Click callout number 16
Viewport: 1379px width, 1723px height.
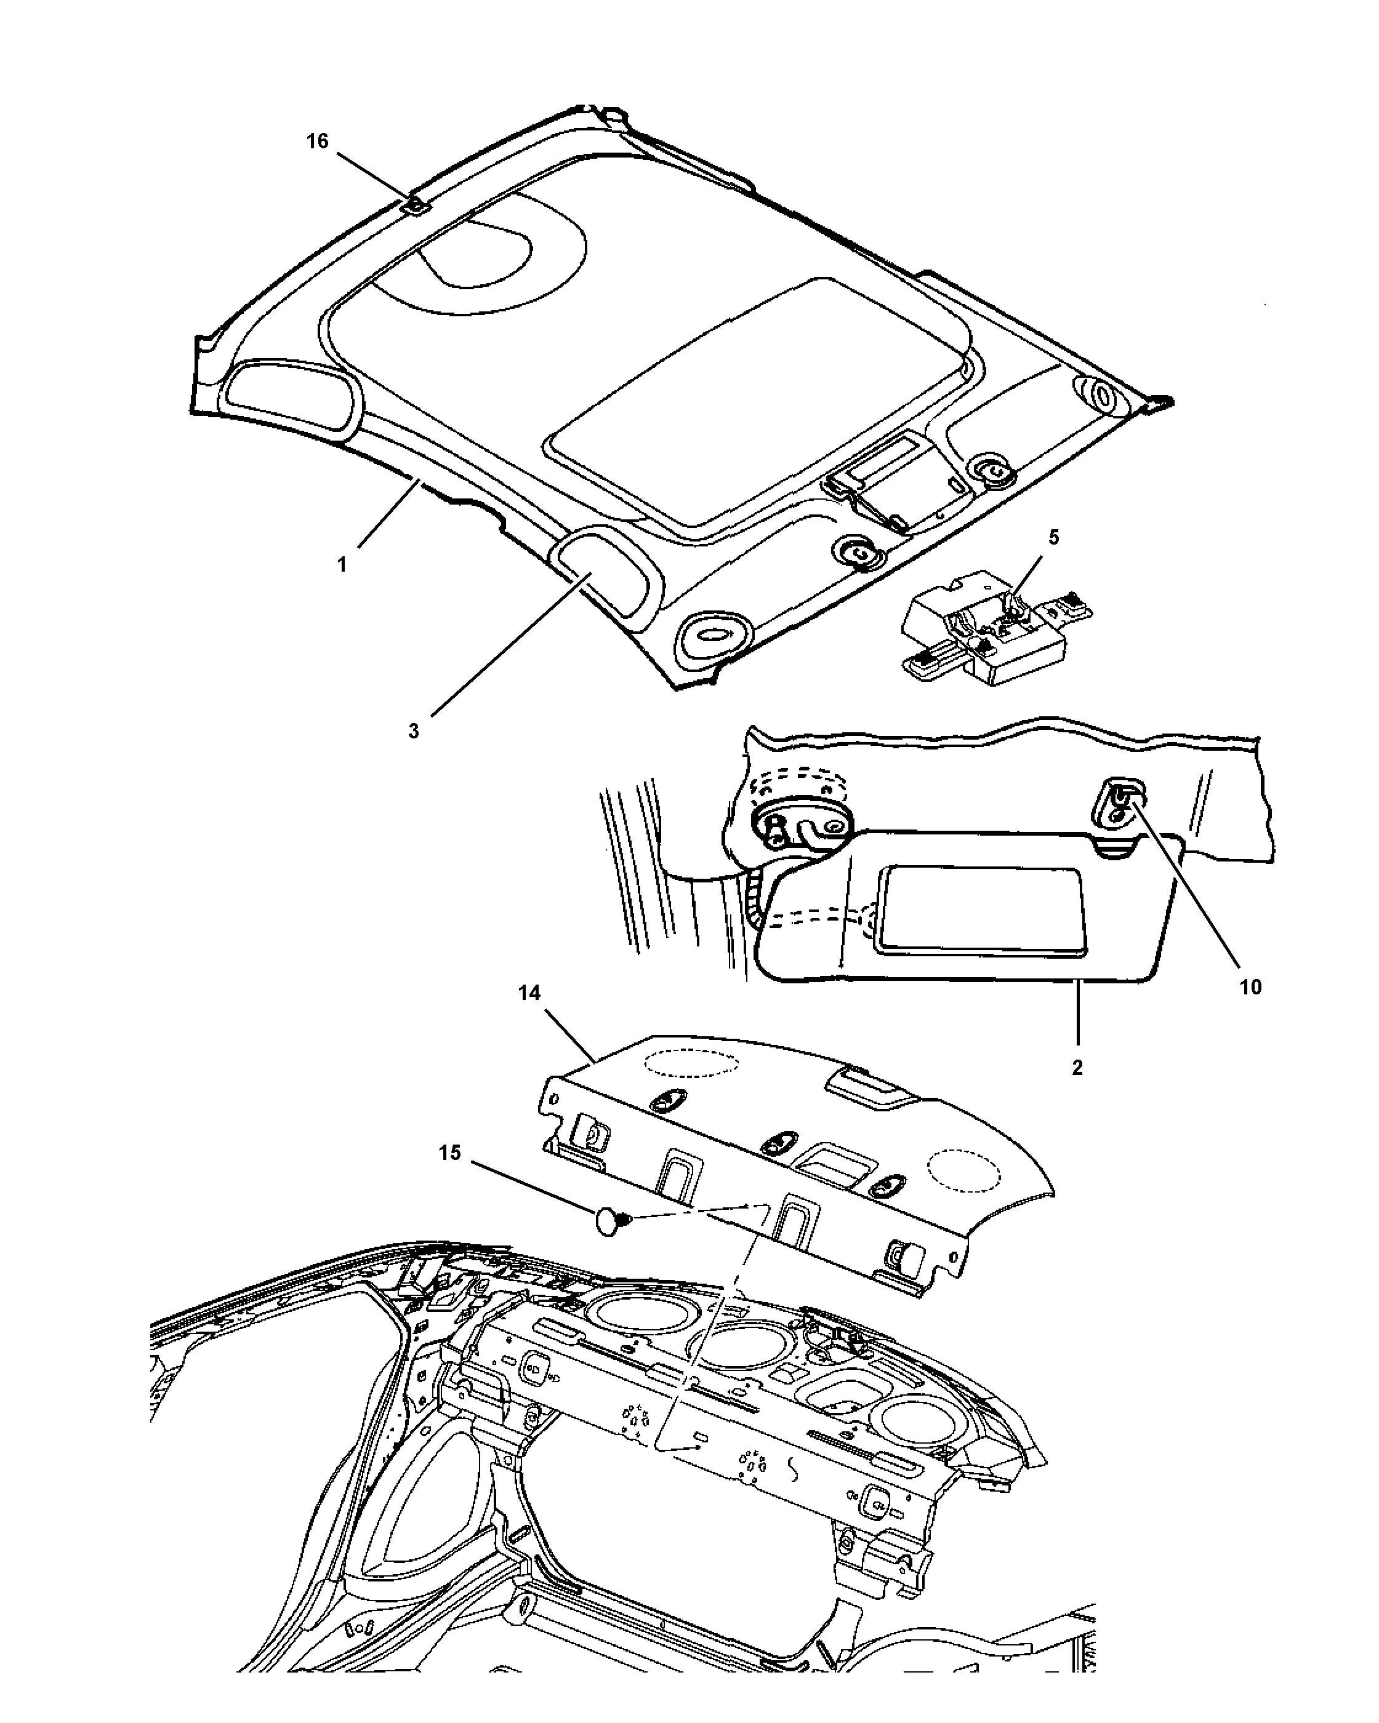(x=318, y=142)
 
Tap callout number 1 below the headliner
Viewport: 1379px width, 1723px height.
(x=342, y=565)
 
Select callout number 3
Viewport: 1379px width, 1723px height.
(x=413, y=731)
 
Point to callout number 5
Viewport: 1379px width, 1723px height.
(x=1053, y=537)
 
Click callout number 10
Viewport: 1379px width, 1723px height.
(x=1250, y=987)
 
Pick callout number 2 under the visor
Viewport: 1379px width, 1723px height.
(x=1077, y=1067)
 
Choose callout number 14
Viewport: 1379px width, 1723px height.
(x=529, y=993)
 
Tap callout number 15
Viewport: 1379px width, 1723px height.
(x=450, y=1153)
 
